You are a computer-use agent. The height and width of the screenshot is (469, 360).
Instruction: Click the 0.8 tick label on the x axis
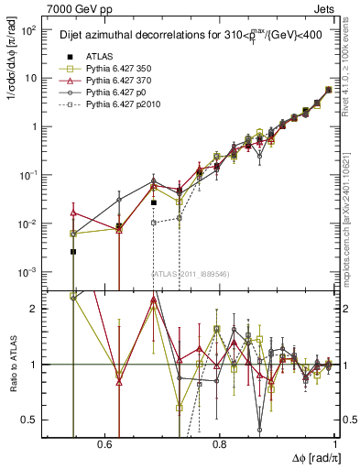pyautogui.click(x=219, y=444)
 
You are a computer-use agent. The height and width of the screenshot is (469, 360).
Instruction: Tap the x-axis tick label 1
pyautogui.click(x=334, y=444)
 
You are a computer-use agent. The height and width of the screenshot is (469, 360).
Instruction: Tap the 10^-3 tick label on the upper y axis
pyautogui.click(x=28, y=272)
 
